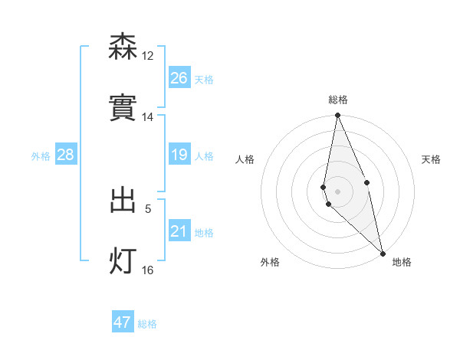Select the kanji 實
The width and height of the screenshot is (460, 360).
pyautogui.click(x=123, y=108)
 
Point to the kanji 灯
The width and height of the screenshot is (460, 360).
pyautogui.click(x=123, y=260)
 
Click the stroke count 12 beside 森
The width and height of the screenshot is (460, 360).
pyautogui.click(x=148, y=55)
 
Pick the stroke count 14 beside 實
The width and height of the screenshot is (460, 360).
pyautogui.click(x=148, y=117)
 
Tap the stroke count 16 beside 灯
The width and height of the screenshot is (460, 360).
pyautogui.click(x=148, y=270)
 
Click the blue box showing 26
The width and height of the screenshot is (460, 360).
pyautogui.click(x=179, y=78)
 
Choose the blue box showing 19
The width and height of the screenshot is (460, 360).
pyautogui.click(x=179, y=155)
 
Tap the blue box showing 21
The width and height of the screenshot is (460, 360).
pyautogui.click(x=179, y=231)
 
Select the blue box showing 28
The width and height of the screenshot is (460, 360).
pyautogui.click(x=66, y=155)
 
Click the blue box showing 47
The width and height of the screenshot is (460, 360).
pyautogui.click(x=123, y=322)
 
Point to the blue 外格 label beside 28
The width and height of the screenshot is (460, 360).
pyautogui.click(x=41, y=156)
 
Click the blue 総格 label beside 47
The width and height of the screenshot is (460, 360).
pyautogui.click(x=148, y=324)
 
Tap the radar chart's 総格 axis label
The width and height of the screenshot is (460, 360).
pyautogui.click(x=338, y=100)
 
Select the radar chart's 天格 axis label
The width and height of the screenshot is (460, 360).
pyautogui.click(x=431, y=159)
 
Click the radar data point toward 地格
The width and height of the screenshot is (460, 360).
pyautogui.click(x=383, y=253)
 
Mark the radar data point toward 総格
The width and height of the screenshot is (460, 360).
pyautogui.click(x=337, y=116)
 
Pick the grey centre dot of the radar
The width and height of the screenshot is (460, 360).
pyautogui.click(x=337, y=191)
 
